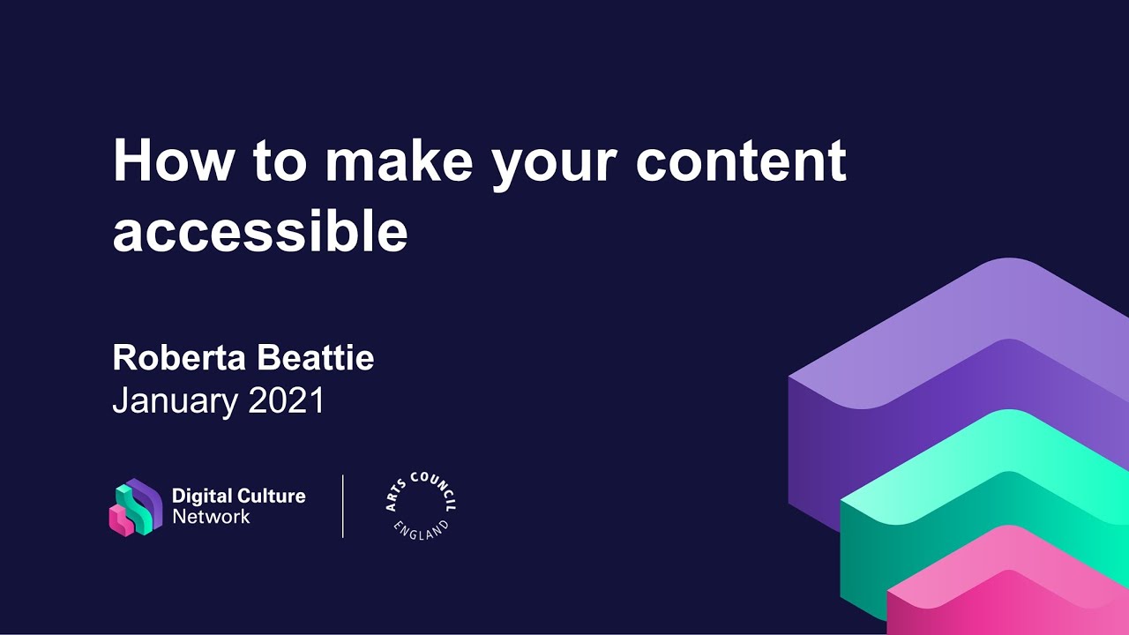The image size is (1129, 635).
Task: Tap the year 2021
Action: tap(287, 401)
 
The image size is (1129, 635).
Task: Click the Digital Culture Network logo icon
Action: tap(135, 507)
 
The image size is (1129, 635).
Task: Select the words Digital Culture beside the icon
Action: tap(238, 496)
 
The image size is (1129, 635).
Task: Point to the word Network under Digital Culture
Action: tap(211, 517)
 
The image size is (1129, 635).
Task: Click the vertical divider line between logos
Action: tap(343, 506)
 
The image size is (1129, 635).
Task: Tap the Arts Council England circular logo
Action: tap(422, 506)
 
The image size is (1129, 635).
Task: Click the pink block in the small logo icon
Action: tap(121, 521)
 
